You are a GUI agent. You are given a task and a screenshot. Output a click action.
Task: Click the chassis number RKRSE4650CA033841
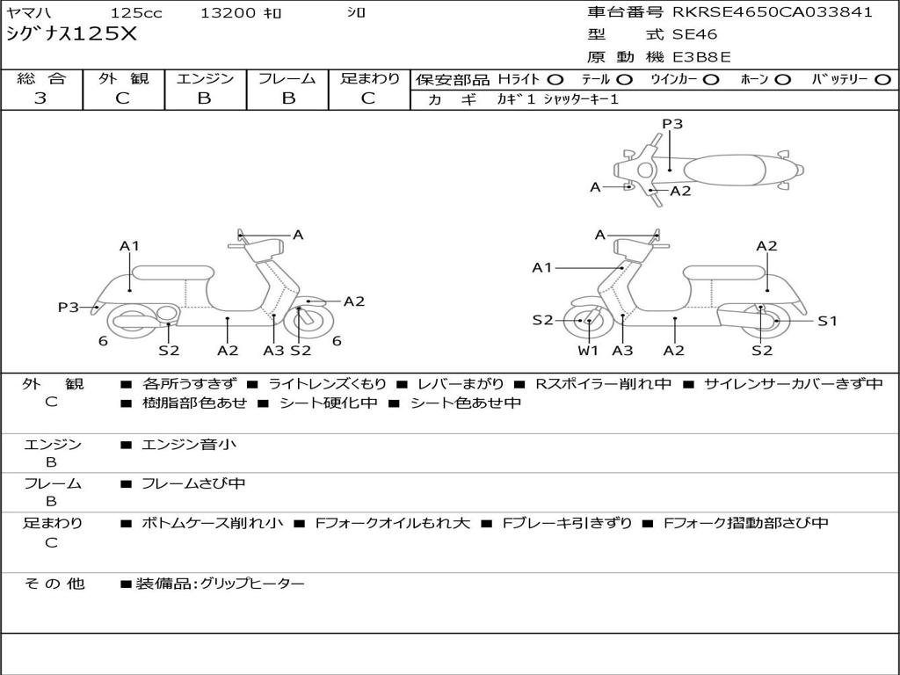pos(773,12)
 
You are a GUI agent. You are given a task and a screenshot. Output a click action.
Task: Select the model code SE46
pos(694,35)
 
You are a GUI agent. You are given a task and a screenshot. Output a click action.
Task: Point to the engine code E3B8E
pos(701,58)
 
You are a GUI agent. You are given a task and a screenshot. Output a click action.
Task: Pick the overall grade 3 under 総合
pos(40,98)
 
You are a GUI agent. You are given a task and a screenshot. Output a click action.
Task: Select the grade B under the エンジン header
pos(204,98)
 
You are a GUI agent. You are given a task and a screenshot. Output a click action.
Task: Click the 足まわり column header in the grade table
pos(369,78)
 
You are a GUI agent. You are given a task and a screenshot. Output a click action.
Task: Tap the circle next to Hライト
pos(555,79)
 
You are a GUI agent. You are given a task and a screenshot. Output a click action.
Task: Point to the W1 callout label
pos(588,351)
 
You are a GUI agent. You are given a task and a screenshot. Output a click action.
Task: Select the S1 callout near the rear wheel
pos(828,321)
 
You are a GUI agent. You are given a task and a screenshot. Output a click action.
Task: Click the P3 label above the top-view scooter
pos(672,124)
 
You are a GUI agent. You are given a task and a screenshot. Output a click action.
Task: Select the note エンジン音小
pos(189,445)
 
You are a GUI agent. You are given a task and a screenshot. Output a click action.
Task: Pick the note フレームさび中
pos(193,483)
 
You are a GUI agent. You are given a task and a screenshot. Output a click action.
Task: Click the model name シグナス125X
pos(72,34)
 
